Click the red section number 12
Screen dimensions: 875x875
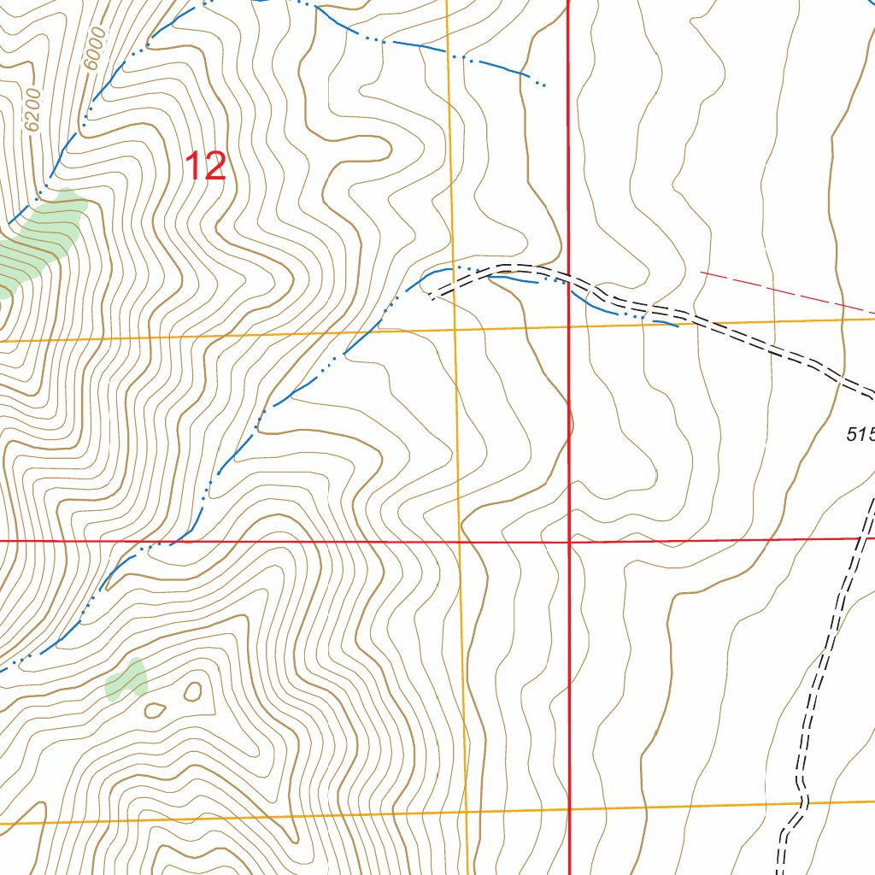pos(205,166)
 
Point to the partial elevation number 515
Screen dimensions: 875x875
pos(860,435)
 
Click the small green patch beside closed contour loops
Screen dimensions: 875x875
pos(126,678)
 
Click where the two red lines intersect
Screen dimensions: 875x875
pos(569,541)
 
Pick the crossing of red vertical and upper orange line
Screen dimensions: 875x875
pos(569,326)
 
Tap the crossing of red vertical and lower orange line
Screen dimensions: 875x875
pos(569,808)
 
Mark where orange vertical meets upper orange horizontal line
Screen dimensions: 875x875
pos(455,329)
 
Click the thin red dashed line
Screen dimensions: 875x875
pos(786,291)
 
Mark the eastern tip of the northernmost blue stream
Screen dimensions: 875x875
pos(544,85)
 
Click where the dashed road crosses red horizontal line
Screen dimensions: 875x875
pos(861,538)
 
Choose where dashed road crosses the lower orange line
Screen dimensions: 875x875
pos(804,803)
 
